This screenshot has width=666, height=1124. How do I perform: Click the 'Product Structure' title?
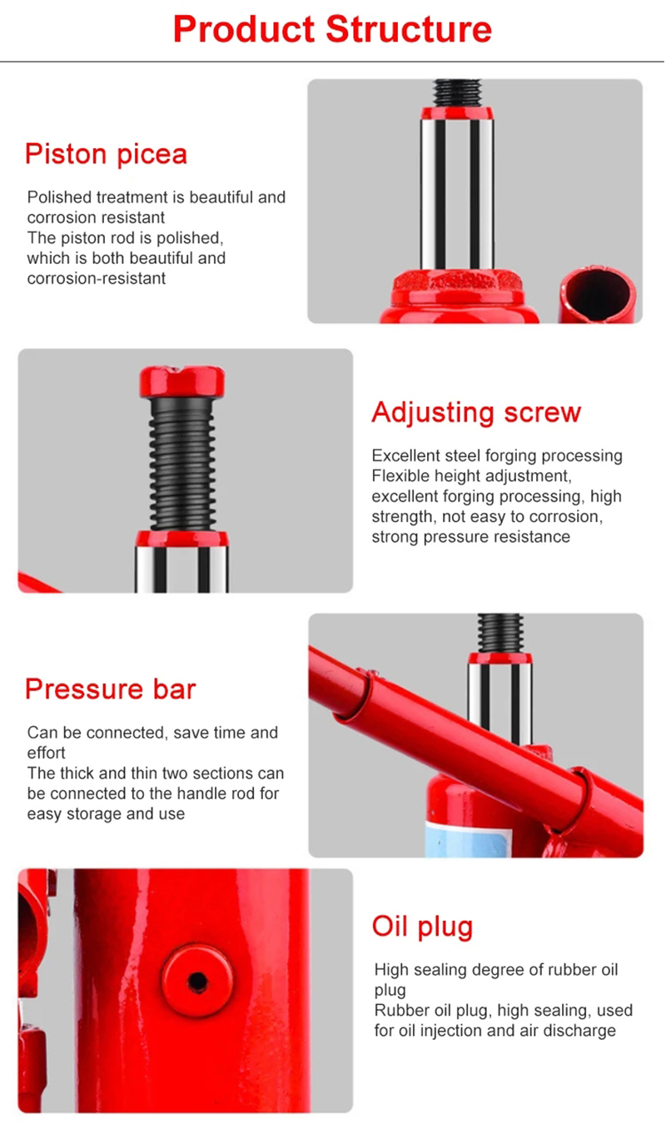332,30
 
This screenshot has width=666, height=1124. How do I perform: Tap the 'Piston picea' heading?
106,154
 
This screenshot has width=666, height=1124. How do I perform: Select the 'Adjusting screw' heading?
476,413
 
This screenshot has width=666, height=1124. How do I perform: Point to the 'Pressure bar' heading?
111,689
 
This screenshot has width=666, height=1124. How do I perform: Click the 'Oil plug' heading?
423,927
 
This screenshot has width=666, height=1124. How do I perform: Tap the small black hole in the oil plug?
198,982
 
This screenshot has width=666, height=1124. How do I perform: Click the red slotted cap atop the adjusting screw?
182,381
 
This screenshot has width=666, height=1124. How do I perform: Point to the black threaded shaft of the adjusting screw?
182,464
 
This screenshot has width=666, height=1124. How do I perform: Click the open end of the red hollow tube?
597,294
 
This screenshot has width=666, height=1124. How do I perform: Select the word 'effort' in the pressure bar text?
46,753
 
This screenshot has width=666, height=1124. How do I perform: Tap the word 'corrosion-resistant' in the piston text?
97,278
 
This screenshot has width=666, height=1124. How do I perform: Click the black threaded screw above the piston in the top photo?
457,92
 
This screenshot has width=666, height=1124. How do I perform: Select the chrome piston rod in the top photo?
457,194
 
